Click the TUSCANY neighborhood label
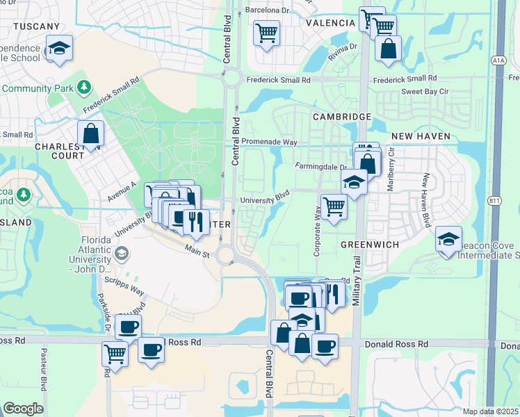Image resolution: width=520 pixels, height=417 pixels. point(31,26)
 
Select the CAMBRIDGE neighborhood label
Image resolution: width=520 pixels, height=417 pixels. point(341,117)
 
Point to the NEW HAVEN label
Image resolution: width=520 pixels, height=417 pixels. point(421,136)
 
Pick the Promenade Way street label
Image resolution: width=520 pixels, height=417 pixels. point(270,142)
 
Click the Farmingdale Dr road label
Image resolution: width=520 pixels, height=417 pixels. point(320,167)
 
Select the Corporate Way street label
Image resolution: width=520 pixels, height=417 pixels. point(317,235)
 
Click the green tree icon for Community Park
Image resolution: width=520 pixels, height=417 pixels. point(84,88)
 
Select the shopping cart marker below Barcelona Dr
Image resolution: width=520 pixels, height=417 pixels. point(267,32)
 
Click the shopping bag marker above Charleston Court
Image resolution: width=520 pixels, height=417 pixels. point(91,133)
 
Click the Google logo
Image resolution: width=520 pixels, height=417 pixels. point(23,409)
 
